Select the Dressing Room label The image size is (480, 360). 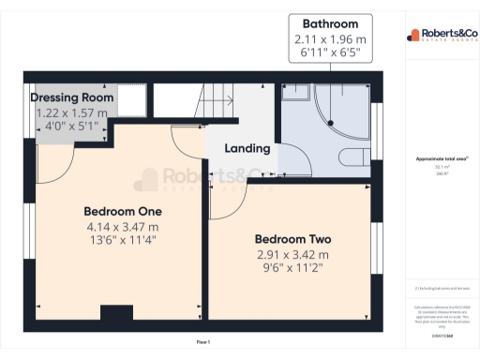pyautogui.click(x=72, y=97)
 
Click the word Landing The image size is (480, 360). pyautogui.click(x=248, y=148)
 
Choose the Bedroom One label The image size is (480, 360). pyautogui.click(x=123, y=210)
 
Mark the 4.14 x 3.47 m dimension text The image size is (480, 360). pyautogui.click(x=123, y=226)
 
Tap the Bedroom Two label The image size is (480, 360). pyautogui.click(x=292, y=238)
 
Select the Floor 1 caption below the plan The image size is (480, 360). pyautogui.click(x=202, y=342)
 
